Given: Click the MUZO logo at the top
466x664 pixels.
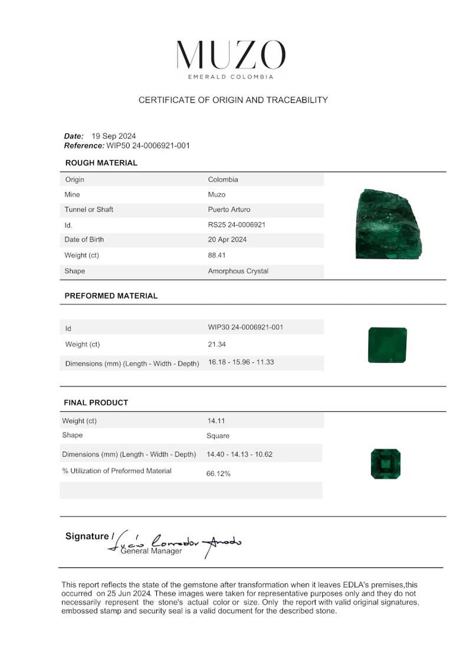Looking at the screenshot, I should (x=231, y=57).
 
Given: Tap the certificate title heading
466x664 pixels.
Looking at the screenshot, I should (x=233, y=100).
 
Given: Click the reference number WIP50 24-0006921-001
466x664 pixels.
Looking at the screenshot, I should (x=148, y=146).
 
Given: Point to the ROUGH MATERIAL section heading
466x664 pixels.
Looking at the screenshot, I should (x=101, y=163).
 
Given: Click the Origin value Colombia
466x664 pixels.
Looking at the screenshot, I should (x=223, y=180).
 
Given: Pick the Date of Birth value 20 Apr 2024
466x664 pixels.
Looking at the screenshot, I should (x=227, y=240).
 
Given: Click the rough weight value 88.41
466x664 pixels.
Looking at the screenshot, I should (x=216, y=256).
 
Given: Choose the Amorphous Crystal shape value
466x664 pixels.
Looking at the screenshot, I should (x=238, y=271).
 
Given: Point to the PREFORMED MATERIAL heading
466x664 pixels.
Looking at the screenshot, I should (x=111, y=296).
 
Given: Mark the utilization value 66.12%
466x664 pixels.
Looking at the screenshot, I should (x=218, y=474).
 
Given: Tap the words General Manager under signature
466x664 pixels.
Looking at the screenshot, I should (x=151, y=551).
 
